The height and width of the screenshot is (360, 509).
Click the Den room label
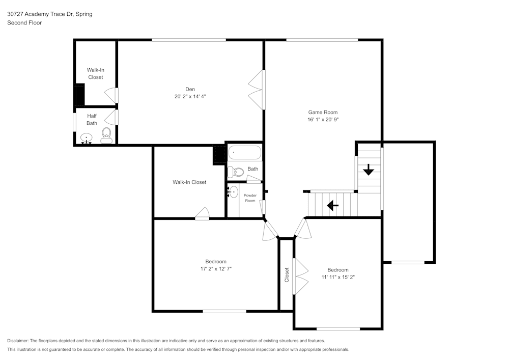click(190, 89)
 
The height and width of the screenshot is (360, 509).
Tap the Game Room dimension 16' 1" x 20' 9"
click(323, 120)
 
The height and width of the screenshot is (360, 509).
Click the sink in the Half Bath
click(87, 137)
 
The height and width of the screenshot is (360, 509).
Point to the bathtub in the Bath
click(244, 152)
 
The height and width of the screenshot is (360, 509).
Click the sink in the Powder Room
click(233, 192)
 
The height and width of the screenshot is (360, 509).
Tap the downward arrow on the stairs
click(369, 170)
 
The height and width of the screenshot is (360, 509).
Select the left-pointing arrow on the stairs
click(333, 206)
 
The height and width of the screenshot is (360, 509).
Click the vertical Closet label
click(287, 275)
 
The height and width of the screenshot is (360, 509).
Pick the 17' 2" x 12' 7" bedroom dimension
click(216, 269)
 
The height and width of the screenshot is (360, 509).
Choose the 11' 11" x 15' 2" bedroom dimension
click(338, 278)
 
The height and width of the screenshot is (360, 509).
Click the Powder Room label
click(250, 198)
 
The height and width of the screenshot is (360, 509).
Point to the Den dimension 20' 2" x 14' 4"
click(190, 96)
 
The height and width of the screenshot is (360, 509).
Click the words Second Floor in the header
click(24, 23)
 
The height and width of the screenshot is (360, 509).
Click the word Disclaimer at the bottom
click(18, 341)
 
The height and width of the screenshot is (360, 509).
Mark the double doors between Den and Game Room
click(258, 89)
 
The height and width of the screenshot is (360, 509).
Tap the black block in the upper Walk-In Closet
click(79, 95)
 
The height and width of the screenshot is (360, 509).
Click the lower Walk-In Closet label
click(189, 182)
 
